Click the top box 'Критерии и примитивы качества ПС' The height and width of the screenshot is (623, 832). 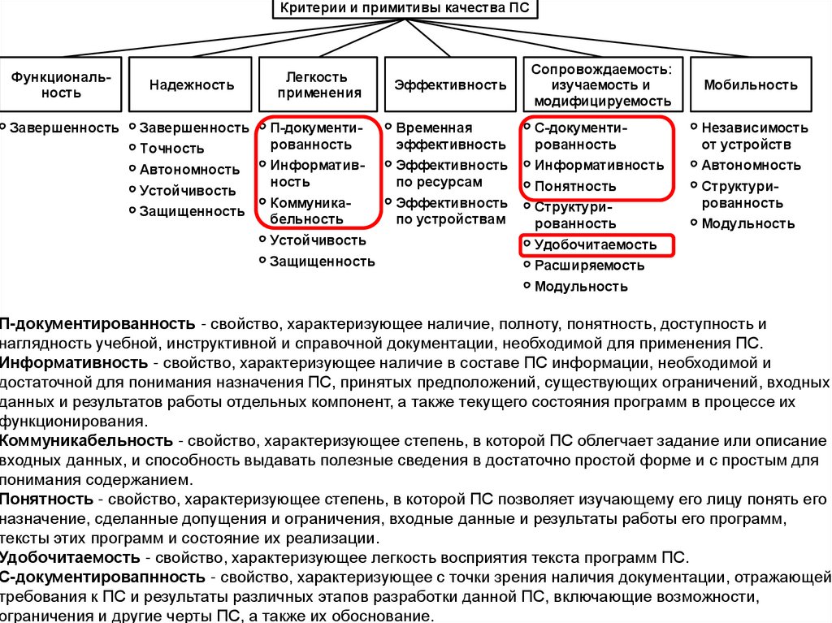click(409, 11)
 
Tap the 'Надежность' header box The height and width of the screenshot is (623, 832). click(192, 84)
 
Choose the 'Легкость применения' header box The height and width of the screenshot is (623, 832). click(318, 84)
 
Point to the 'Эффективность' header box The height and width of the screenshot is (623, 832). click(450, 84)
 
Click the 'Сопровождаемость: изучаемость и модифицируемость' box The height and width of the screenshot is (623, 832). click(600, 84)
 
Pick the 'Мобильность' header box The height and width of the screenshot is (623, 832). click(750, 84)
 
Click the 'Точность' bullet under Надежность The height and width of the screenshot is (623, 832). click(171, 149)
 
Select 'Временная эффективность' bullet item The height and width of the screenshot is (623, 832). click(450, 136)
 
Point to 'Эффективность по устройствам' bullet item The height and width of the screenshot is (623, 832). click(450, 210)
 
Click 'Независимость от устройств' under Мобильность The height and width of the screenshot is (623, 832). click(754, 136)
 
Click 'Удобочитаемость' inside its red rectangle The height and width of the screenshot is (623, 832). click(595, 244)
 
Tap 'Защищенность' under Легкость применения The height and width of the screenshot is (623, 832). click(322, 261)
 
